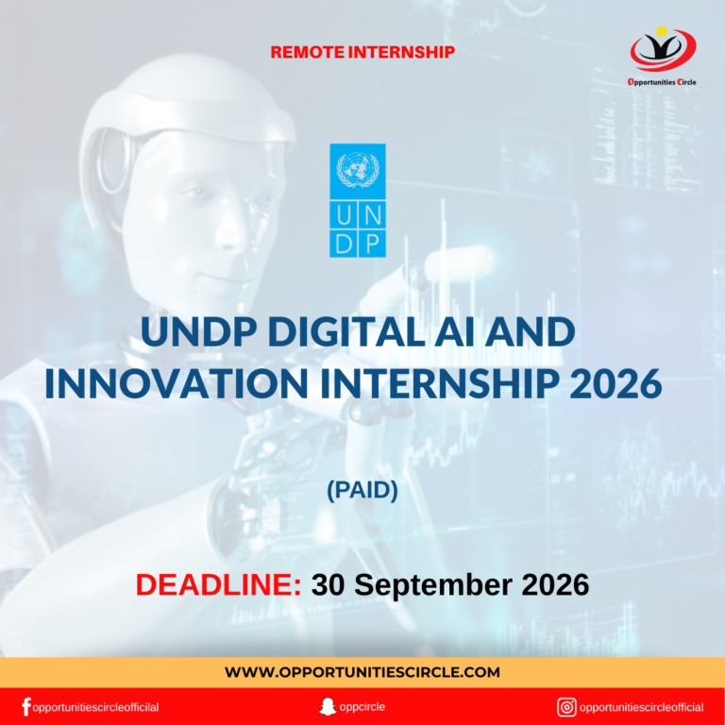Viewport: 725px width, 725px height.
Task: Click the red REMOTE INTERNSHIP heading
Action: pyautogui.click(x=362, y=52)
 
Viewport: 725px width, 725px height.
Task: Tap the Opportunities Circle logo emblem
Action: pyautogui.click(x=663, y=49)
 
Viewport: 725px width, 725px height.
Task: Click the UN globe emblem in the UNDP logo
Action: pyautogui.click(x=358, y=169)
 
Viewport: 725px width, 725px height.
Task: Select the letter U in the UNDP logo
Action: pyautogui.click(x=344, y=215)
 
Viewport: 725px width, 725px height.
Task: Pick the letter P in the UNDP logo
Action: pyautogui.click(x=372, y=244)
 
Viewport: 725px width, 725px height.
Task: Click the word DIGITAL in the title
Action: pyautogui.click(x=346, y=331)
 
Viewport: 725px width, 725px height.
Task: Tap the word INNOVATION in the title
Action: pyautogui.click(x=177, y=383)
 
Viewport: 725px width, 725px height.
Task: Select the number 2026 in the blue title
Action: pyautogui.click(x=615, y=383)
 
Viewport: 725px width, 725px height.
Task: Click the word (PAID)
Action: pyautogui.click(x=362, y=490)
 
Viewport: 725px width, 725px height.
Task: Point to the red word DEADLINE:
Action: pyautogui.click(x=218, y=584)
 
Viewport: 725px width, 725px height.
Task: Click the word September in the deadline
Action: pyautogui.click(x=433, y=585)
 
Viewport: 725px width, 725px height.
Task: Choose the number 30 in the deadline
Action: pyautogui.click(x=328, y=584)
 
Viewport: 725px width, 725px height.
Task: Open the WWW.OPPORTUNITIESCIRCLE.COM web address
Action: pyautogui.click(x=362, y=672)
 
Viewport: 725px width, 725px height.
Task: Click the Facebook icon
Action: pyautogui.click(x=26, y=707)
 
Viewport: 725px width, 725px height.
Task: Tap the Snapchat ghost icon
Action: pyautogui.click(x=328, y=706)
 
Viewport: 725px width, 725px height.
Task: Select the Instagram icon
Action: pyautogui.click(x=566, y=707)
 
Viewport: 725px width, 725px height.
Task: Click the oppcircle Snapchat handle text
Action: pyautogui.click(x=362, y=707)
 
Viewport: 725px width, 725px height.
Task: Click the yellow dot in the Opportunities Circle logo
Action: pyautogui.click(x=662, y=31)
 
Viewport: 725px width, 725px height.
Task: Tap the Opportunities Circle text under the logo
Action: pyautogui.click(x=662, y=82)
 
